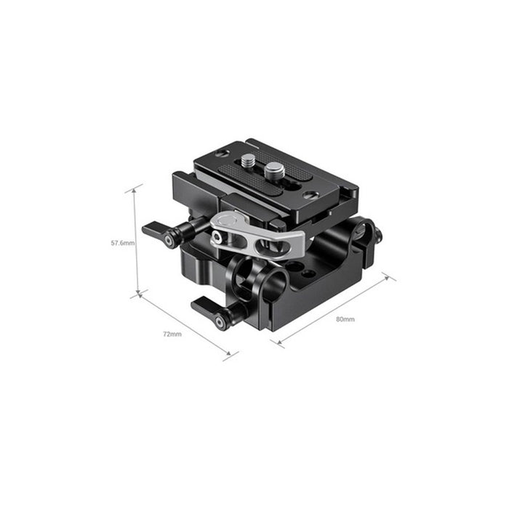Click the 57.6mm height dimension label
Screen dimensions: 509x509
tap(122, 243)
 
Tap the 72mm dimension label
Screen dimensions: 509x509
tap(172, 334)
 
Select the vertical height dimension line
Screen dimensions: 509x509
tap(136, 241)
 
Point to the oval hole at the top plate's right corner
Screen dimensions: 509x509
tap(310, 194)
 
